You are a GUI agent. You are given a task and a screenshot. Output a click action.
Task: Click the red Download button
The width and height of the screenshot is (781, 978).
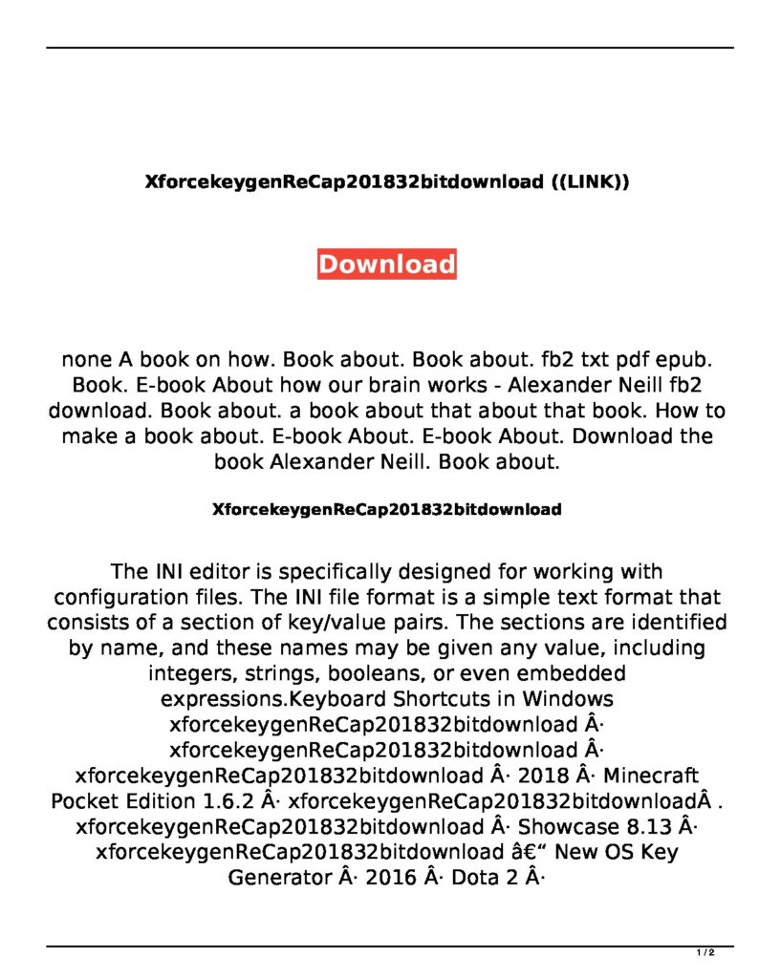click(386, 264)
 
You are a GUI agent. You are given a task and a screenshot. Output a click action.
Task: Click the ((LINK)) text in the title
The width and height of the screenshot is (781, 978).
click(591, 181)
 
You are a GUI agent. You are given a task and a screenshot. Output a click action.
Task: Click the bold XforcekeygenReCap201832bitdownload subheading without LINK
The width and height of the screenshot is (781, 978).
click(386, 509)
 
